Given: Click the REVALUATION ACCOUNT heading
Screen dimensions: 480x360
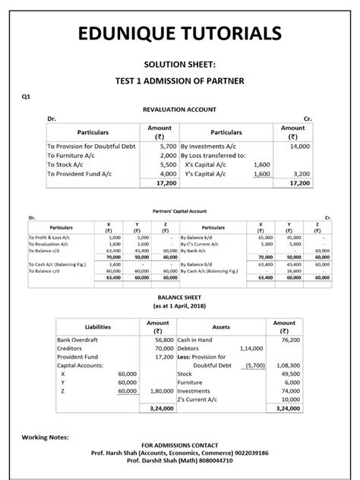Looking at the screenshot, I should coord(180,109).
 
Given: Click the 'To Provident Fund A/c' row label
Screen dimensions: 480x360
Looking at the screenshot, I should coord(79,173).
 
